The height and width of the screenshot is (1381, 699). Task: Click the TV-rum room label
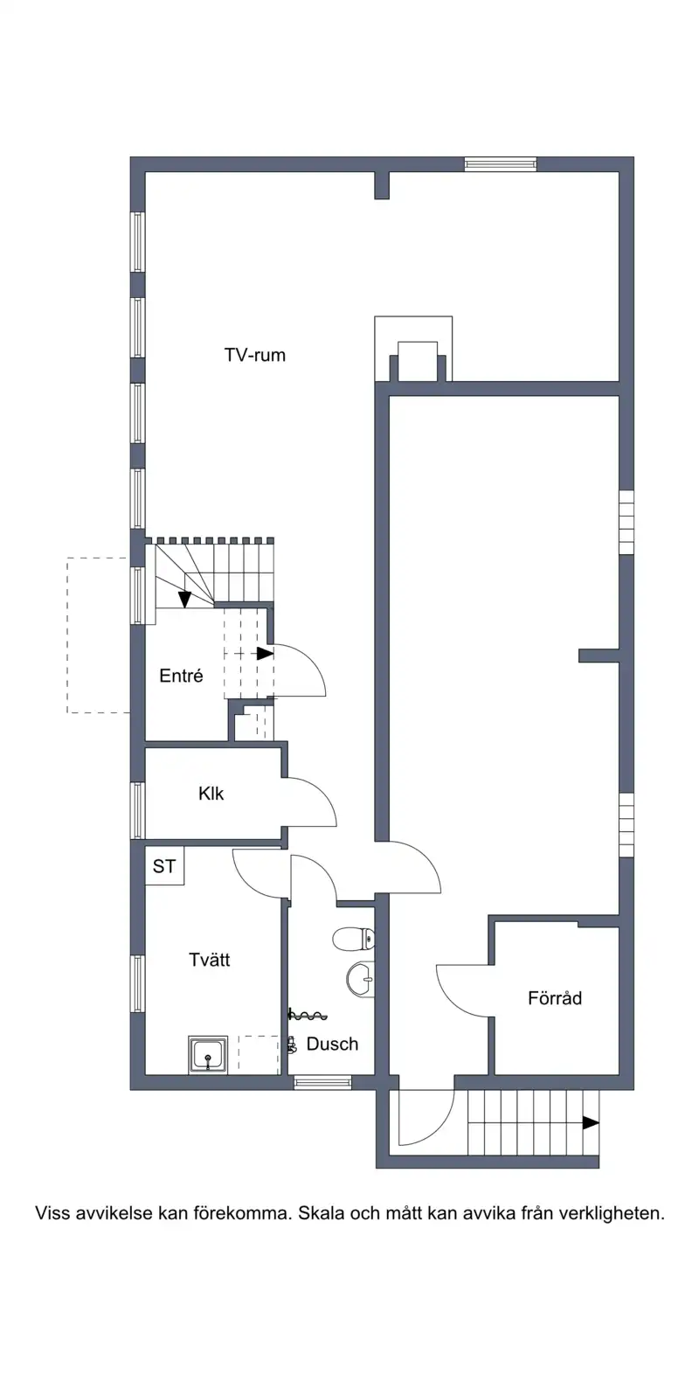254,355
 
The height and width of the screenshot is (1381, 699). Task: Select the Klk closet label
211,793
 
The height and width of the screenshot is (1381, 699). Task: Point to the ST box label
164,866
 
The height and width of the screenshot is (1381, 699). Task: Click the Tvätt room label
210,960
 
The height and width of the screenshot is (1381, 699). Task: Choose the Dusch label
332,1044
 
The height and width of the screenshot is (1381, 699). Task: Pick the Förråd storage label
555,997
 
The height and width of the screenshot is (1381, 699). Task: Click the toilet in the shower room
353,940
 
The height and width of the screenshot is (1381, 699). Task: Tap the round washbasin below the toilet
361,979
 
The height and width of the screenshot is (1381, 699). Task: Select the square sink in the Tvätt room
208,1054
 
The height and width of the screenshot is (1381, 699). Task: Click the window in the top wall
501,164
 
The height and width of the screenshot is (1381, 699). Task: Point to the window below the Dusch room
322,1082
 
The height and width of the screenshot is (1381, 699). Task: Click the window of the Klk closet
137,810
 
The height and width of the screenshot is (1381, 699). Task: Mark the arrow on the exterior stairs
591,1122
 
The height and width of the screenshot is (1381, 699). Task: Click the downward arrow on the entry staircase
184,599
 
